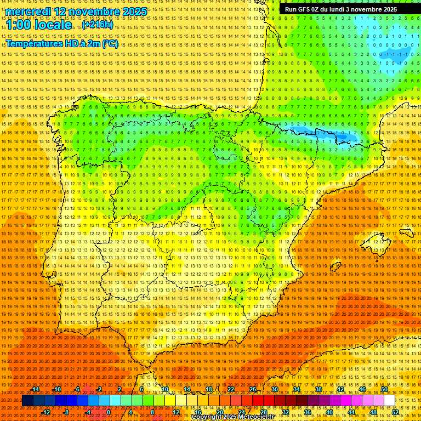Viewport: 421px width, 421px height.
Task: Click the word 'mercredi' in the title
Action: point(29,12)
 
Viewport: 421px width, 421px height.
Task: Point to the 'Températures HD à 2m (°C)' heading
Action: point(61,44)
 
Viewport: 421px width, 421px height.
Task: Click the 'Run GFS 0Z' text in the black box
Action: point(305,9)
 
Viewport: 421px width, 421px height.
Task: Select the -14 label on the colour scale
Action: point(36,389)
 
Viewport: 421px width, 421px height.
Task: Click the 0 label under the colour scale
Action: point(109,412)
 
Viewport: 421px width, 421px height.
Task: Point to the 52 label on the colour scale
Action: point(395,412)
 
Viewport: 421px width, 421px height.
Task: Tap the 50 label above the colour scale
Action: point(384,389)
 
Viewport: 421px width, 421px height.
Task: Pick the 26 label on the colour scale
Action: point(253,389)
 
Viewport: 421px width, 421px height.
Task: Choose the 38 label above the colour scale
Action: point(318,389)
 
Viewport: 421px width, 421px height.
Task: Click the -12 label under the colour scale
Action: point(46,412)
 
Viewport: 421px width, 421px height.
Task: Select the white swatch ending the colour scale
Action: point(390,401)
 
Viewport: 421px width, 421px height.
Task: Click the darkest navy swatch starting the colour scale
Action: point(27,401)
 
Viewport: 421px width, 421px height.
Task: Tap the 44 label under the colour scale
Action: point(351,412)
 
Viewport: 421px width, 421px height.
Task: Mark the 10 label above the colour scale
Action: point(165,389)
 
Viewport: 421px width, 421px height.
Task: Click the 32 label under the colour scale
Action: point(285,412)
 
